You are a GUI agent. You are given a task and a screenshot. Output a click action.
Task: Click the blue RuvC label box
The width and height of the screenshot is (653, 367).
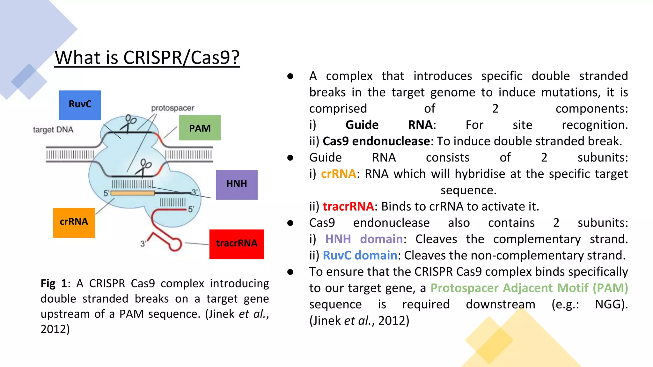pos(80,105)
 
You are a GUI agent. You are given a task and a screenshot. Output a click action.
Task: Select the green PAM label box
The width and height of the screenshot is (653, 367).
pos(200,128)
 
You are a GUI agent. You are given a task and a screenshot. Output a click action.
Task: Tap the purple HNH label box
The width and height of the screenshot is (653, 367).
pos(237,185)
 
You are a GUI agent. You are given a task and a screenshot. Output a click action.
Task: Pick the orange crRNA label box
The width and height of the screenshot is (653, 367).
pos(74,223)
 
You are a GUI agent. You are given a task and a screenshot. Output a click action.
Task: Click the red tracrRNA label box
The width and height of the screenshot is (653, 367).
pos(237,244)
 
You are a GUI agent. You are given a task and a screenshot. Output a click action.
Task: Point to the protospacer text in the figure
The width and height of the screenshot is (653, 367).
pos(172,108)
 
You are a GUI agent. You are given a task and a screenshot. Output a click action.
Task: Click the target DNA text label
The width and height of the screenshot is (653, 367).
pos(53,130)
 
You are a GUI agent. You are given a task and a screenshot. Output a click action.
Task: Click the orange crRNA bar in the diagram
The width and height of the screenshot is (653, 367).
pos(133,193)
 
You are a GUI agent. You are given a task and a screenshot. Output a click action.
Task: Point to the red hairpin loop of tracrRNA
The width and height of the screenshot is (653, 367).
pos(175,245)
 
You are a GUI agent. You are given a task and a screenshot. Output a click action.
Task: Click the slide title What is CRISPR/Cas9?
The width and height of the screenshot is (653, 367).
pos(147,58)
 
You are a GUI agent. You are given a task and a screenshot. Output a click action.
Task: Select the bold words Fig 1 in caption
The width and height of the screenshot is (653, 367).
pos(54,284)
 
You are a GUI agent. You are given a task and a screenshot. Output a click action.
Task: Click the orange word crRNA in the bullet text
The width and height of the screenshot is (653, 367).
pos(338,174)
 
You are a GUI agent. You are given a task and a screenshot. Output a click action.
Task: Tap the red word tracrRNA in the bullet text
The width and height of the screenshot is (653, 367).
pos(348,206)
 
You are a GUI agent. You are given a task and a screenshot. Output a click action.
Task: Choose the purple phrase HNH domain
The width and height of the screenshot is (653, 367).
pos(364,239)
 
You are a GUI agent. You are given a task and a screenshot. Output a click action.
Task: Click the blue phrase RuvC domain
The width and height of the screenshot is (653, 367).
pos(360,255)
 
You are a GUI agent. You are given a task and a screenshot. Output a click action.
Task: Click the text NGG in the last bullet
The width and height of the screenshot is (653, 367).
pos(609,304)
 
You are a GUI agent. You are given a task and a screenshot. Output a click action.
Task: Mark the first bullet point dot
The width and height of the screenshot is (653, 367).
pos(290,76)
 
